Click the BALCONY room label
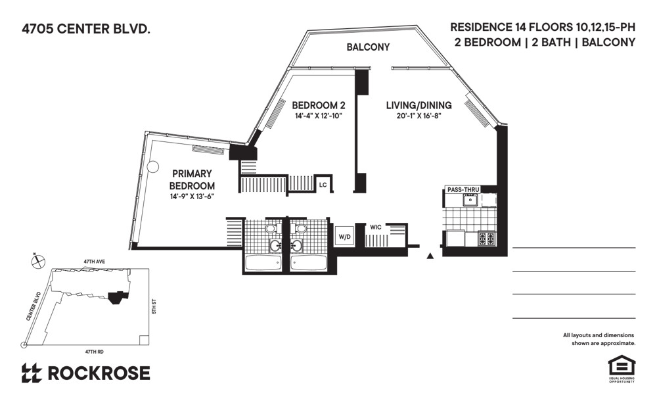point(369,47)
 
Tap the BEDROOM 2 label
point(319,105)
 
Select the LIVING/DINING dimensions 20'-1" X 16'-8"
point(419,116)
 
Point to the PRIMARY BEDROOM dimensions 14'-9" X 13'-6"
point(193,197)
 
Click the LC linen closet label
point(323,185)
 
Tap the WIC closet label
point(375,227)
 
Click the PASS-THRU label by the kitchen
point(463,189)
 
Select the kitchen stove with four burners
point(487,239)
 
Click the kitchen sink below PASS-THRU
point(469,200)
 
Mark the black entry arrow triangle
point(430,256)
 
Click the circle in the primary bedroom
point(152,167)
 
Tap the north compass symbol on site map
point(37,261)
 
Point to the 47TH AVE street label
point(95,261)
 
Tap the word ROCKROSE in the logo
point(99,373)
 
